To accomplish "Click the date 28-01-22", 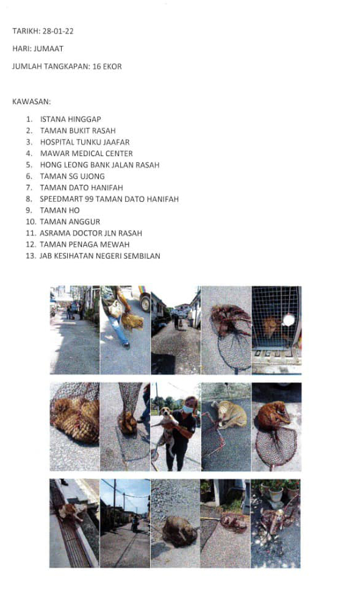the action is point(58,31).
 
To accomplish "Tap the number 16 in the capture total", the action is point(96,66).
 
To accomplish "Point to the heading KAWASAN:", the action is point(32,101).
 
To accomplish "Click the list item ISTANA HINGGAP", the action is point(71,119).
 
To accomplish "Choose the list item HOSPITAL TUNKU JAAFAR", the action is point(85,142).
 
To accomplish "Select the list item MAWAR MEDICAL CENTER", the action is point(87,154).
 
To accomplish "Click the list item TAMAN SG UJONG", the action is point(73,176).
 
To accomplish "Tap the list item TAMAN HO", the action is point(60,210).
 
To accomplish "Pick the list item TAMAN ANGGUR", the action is point(70,221).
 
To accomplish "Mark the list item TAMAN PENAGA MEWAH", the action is point(84,245).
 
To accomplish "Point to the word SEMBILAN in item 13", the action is point(143,256).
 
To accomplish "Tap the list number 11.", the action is point(31,233).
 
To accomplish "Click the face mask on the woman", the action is point(187,409).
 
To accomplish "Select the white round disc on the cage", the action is point(289,320).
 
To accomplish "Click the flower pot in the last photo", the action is point(276,494).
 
